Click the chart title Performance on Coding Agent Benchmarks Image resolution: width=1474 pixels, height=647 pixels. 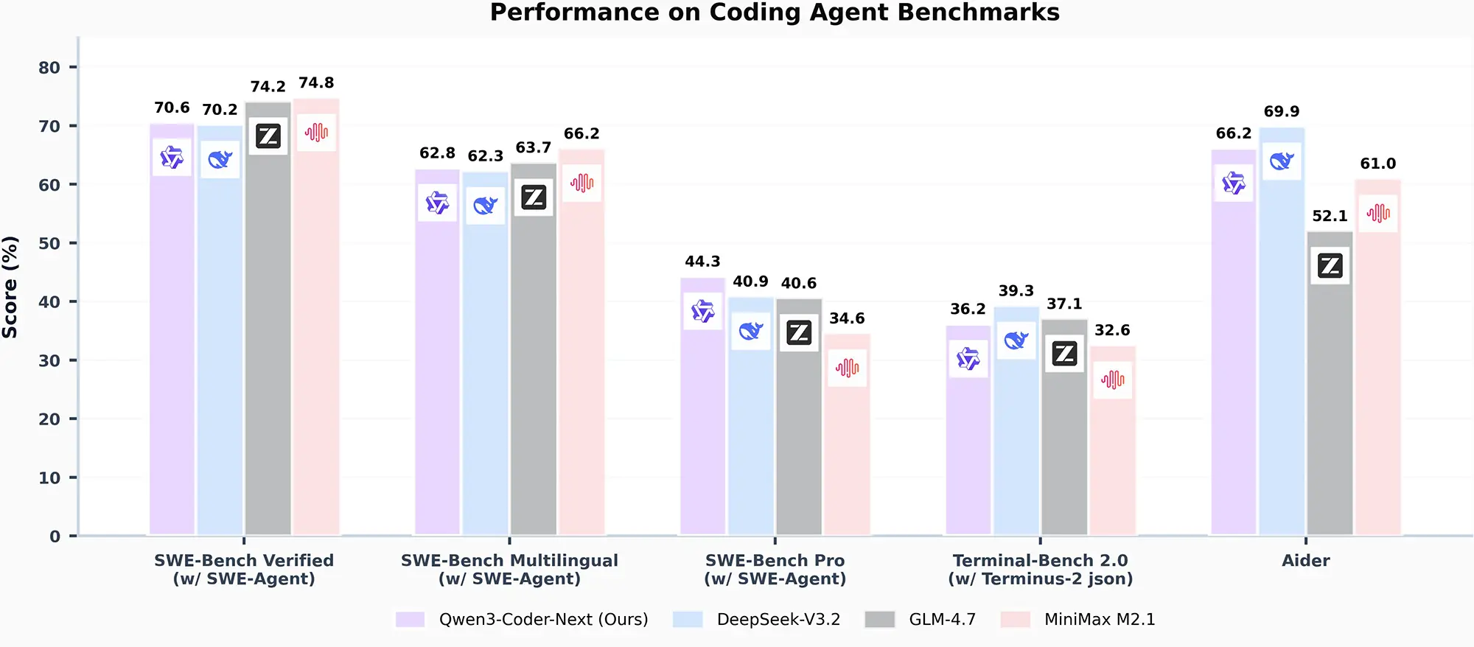[775, 13]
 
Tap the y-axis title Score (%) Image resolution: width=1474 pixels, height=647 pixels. [10, 287]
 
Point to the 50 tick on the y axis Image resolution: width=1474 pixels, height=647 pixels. [49, 244]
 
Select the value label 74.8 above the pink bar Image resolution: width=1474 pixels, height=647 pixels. [316, 83]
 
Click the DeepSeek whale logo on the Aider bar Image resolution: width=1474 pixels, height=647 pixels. [1282, 161]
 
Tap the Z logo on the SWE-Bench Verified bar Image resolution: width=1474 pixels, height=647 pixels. [268, 136]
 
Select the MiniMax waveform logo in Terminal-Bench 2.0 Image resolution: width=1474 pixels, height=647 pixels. [1112, 380]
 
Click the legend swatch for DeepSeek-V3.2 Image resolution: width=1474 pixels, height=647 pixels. [688, 620]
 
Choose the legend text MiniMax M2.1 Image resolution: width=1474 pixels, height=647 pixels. [1100, 620]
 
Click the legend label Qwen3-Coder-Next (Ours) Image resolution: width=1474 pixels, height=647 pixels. [543, 620]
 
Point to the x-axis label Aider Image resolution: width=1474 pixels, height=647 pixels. [1305, 561]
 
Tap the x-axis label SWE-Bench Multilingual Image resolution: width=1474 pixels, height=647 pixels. [509, 561]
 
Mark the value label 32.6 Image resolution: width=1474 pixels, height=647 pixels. [1112, 331]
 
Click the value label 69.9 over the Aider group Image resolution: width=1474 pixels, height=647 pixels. [1282, 112]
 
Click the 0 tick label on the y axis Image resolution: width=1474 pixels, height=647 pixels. [55, 537]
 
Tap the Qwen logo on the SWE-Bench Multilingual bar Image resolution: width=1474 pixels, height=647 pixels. [437, 203]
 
